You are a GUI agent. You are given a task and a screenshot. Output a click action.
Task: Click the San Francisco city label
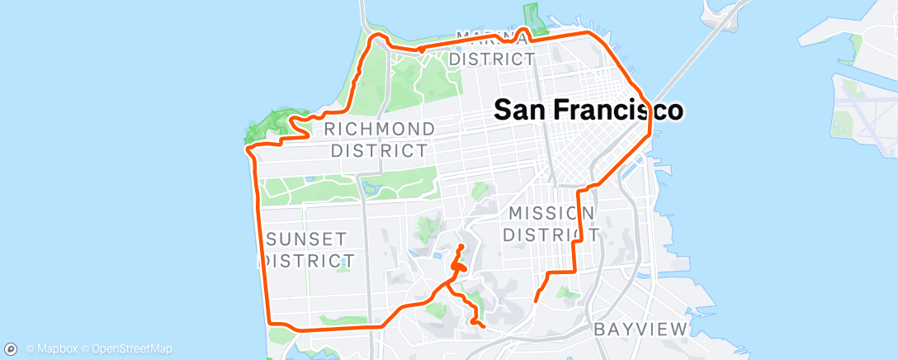point(588,110)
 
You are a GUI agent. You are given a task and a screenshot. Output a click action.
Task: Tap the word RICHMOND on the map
point(380,130)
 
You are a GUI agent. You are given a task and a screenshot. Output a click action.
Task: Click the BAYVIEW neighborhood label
point(640,329)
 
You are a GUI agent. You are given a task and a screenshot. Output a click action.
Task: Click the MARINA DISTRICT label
point(492,50)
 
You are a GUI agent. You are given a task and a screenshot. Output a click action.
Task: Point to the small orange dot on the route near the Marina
point(421,50)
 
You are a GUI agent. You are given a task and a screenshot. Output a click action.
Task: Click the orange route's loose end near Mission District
point(536,301)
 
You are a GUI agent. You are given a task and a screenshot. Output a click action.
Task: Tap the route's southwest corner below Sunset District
point(272,324)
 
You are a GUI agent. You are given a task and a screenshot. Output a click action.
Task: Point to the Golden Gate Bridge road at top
point(364,12)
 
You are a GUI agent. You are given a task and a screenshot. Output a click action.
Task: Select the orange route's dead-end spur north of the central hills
point(461,247)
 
